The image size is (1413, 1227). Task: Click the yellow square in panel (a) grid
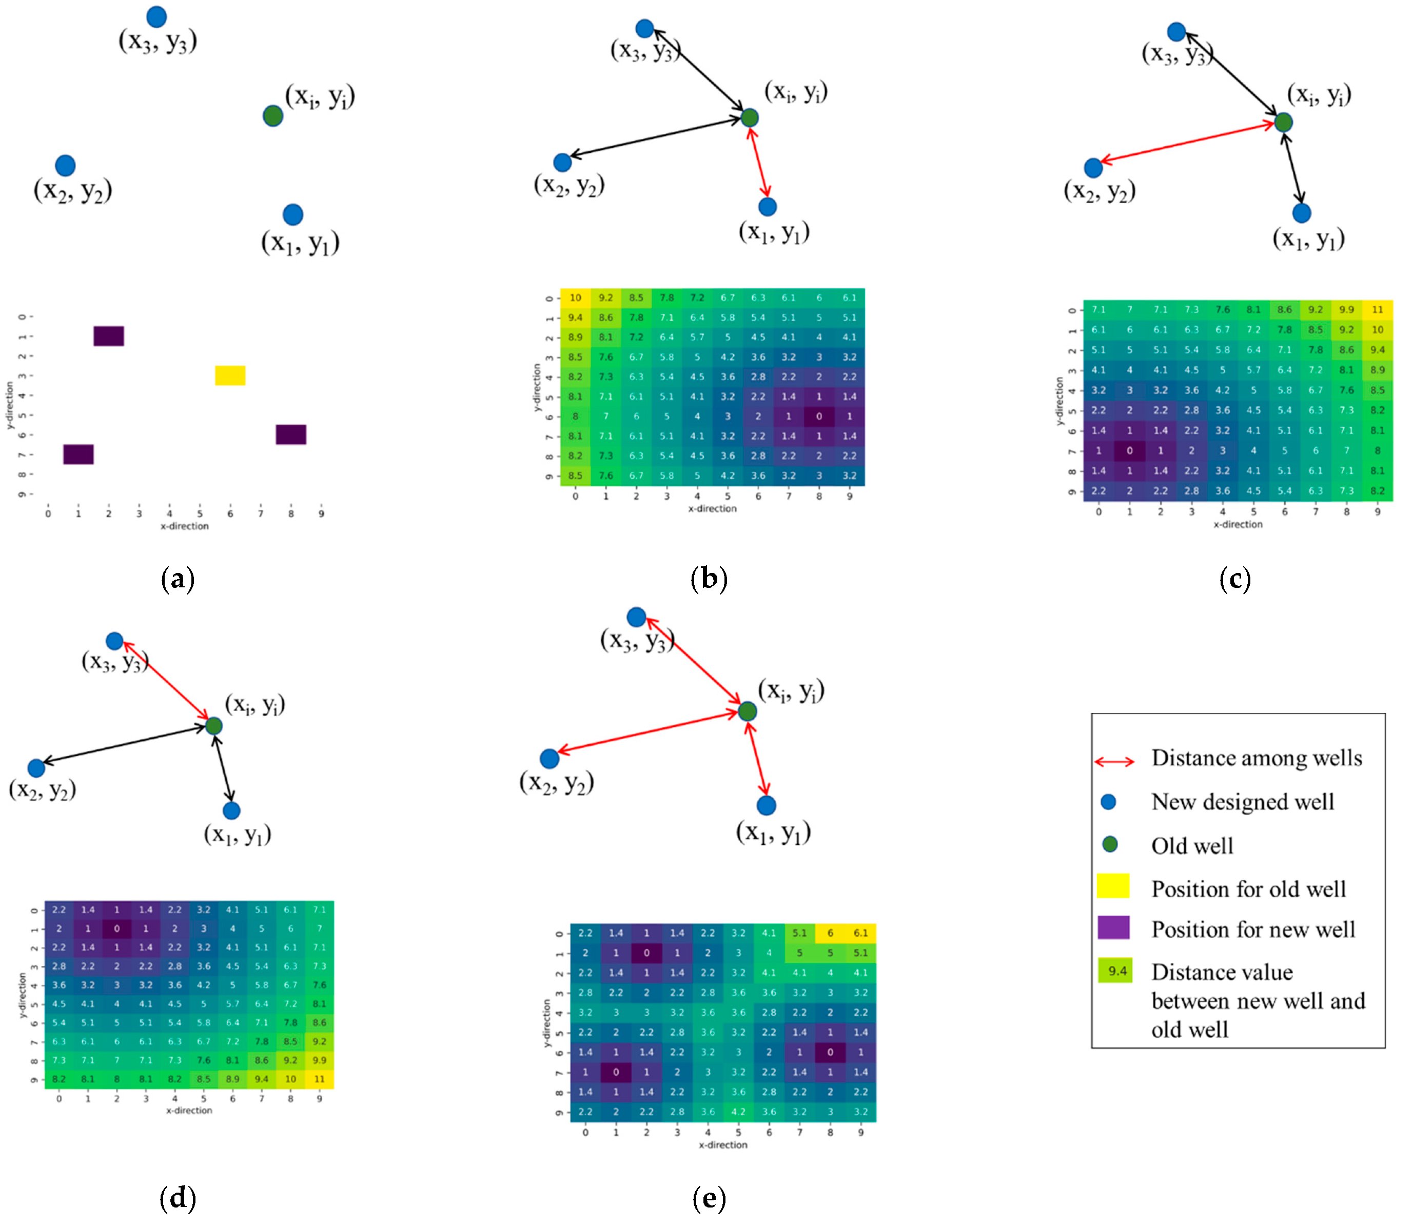[x=230, y=375]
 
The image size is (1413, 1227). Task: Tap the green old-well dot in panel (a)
[x=272, y=116]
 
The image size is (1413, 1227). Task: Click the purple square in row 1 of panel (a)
[x=109, y=335]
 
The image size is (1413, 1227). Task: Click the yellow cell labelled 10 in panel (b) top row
[x=575, y=298]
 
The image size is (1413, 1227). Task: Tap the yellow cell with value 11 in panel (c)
[x=1378, y=309]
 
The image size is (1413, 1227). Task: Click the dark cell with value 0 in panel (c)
[x=1129, y=450]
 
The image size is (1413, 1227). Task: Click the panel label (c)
[x=1235, y=579]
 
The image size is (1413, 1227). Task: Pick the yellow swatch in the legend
[x=1113, y=885]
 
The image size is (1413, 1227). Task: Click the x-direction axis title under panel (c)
[x=1238, y=524]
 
